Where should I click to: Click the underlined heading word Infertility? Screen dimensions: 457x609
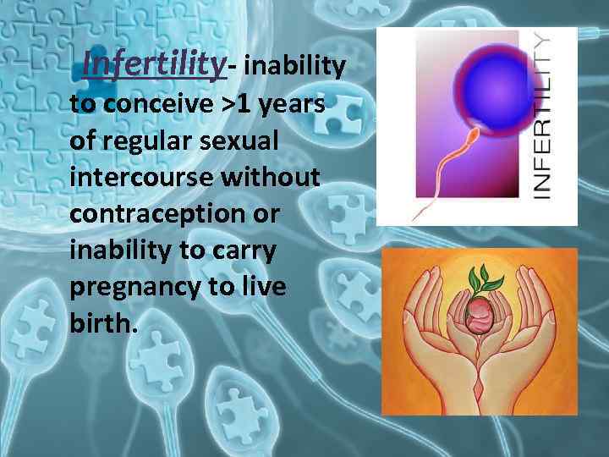tap(155, 63)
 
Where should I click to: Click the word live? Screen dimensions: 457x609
tap(262, 287)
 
